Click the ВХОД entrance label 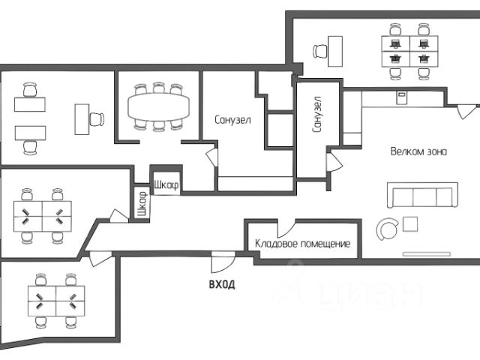(221, 284)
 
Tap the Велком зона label (418, 151)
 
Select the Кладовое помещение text (303, 244)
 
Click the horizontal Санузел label (232, 119)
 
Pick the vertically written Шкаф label (142, 204)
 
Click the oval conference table (158, 106)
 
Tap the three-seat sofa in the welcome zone (421, 195)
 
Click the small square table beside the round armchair (411, 223)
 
